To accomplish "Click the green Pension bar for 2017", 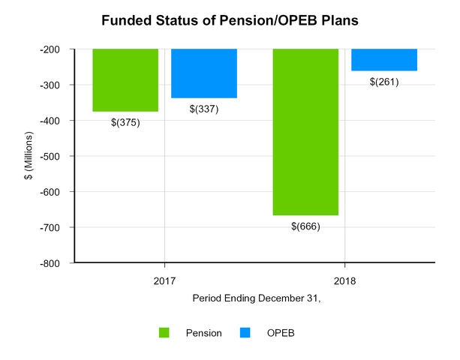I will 125,80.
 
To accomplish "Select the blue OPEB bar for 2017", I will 204,73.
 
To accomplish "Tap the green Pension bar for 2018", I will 305,132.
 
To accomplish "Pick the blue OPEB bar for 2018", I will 384,60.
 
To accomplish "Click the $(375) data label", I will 125,123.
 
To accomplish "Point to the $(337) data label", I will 204,109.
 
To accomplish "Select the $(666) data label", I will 305,226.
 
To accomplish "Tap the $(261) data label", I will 384,82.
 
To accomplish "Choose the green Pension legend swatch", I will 164,332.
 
